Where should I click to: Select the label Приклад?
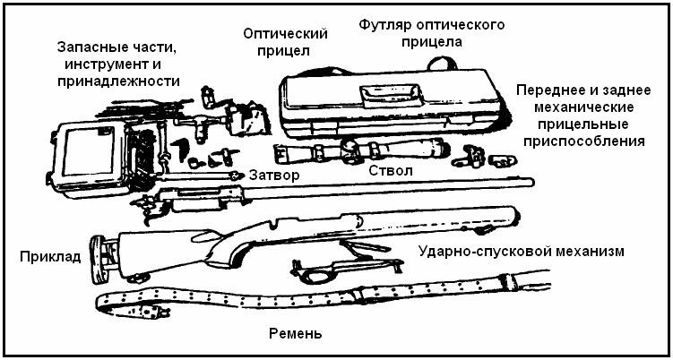coord(50,257)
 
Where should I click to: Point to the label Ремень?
coord(295,334)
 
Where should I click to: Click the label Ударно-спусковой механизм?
coord(521,250)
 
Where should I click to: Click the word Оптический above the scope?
coord(284,33)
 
